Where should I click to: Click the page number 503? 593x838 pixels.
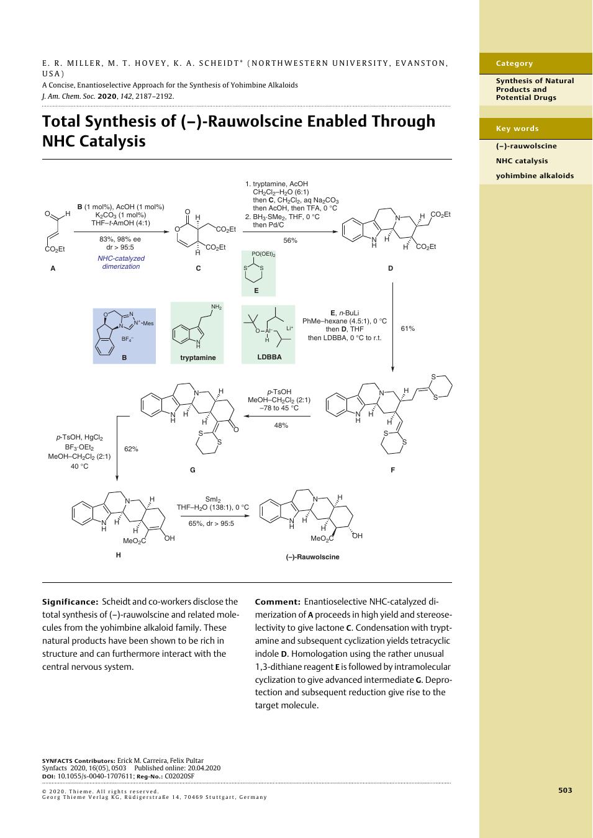(565, 790)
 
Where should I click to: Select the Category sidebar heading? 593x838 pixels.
(514, 63)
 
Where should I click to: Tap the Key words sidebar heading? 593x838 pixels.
(517, 128)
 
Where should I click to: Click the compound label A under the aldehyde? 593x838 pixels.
(53, 268)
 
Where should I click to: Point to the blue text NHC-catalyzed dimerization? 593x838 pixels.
(121, 262)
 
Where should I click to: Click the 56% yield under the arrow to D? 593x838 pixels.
(290, 241)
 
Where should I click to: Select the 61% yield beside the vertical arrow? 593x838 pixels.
(407, 328)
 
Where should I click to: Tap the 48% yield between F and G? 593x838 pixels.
(281, 425)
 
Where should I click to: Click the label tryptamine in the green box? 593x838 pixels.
(198, 358)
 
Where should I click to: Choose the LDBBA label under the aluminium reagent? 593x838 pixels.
(269, 357)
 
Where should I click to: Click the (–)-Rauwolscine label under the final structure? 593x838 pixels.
(312, 557)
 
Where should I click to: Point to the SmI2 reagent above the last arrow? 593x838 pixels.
(213, 499)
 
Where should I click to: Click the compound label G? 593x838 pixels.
(192, 470)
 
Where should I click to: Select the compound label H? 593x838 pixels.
(118, 555)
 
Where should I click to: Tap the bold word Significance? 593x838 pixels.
(70, 602)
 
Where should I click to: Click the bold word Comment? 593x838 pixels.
(278, 602)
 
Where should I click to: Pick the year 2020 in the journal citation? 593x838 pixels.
(107, 96)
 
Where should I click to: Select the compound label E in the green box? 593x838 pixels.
(256, 291)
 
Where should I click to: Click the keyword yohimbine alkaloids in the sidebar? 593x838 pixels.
(535, 176)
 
